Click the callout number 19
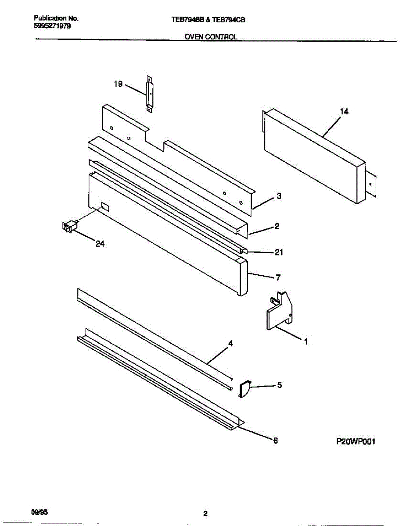click(x=118, y=84)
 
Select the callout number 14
click(x=344, y=112)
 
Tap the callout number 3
click(x=279, y=197)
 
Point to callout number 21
click(x=279, y=252)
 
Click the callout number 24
click(x=100, y=244)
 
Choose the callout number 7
click(x=278, y=277)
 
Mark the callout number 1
click(x=305, y=341)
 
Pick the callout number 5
click(x=279, y=385)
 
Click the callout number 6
click(x=275, y=441)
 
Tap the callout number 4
click(x=230, y=344)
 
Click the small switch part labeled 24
click(x=69, y=226)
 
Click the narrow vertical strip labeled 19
click(x=149, y=94)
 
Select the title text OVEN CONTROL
click(x=211, y=37)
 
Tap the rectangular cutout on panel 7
click(x=105, y=206)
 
